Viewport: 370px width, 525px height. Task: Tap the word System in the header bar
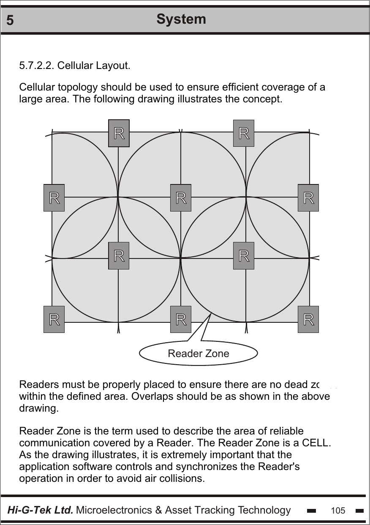coord(181,19)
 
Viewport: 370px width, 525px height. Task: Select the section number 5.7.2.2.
coord(37,66)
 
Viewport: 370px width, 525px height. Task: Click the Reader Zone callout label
coord(199,354)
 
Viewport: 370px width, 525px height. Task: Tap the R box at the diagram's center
coord(181,198)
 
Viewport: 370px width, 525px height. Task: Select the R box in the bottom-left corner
coord(54,319)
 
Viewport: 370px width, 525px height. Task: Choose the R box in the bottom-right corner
coord(308,319)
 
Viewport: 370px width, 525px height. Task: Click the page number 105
coord(338,511)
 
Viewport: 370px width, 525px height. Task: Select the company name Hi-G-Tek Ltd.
coord(41,510)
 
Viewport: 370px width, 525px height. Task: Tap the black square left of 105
coord(312,511)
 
